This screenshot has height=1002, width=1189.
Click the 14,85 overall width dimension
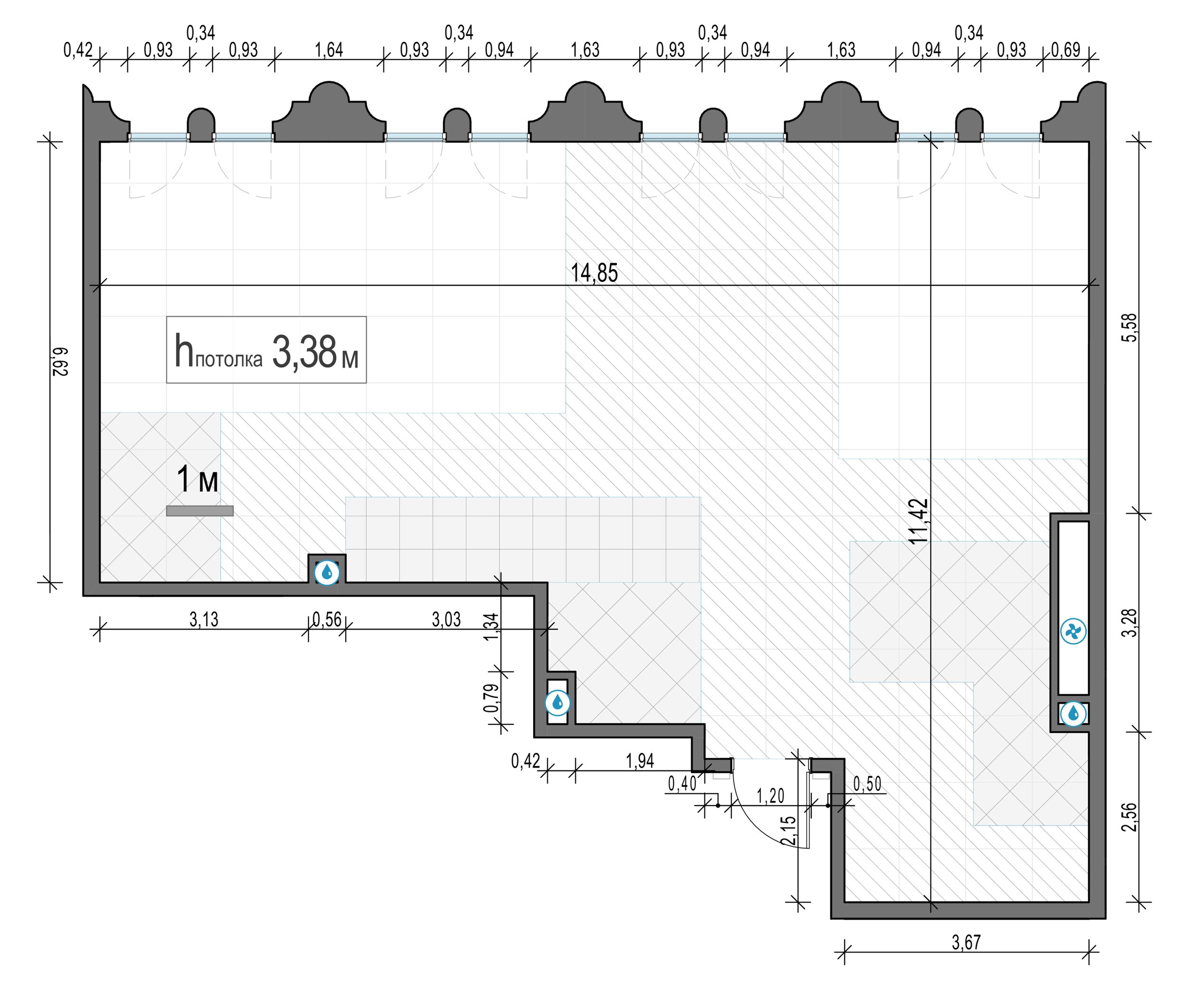[594, 273]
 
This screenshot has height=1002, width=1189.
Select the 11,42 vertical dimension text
[918, 521]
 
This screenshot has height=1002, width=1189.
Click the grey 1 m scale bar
[200, 511]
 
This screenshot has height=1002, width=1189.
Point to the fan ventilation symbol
[1073, 632]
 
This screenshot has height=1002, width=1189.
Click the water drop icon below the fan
[1073, 713]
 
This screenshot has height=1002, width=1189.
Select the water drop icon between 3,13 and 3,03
[327, 572]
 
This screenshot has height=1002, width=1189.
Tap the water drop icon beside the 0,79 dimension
[557, 703]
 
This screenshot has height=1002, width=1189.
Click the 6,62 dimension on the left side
[60, 361]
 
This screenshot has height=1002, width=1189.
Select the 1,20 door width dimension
[770, 796]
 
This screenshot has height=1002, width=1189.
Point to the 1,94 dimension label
[640, 760]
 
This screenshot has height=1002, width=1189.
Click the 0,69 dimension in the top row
[1066, 50]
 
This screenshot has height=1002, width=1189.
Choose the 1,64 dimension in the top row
[329, 50]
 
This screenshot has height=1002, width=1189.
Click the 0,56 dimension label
[327, 619]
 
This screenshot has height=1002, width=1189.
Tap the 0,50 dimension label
[867, 784]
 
